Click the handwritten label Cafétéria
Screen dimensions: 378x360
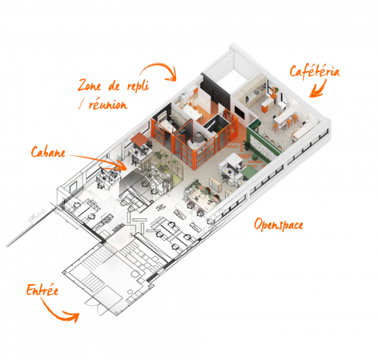click(x=315, y=71)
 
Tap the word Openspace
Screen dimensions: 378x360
click(x=279, y=225)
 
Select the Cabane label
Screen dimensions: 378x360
click(x=48, y=152)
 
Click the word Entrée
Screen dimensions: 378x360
click(x=42, y=290)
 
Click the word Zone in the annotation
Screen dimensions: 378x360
click(x=90, y=86)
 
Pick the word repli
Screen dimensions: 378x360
click(x=138, y=86)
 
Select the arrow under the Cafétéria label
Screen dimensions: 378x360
click(x=319, y=89)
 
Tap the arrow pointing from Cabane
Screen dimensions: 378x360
click(x=99, y=160)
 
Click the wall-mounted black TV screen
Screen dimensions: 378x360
click(x=239, y=112)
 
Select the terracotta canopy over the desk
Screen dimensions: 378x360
click(x=139, y=138)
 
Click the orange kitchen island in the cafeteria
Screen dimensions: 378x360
click(x=265, y=106)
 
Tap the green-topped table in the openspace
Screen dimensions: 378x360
click(x=249, y=171)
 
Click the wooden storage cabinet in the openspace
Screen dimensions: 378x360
click(x=215, y=184)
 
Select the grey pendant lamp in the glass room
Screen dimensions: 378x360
click(x=198, y=138)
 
